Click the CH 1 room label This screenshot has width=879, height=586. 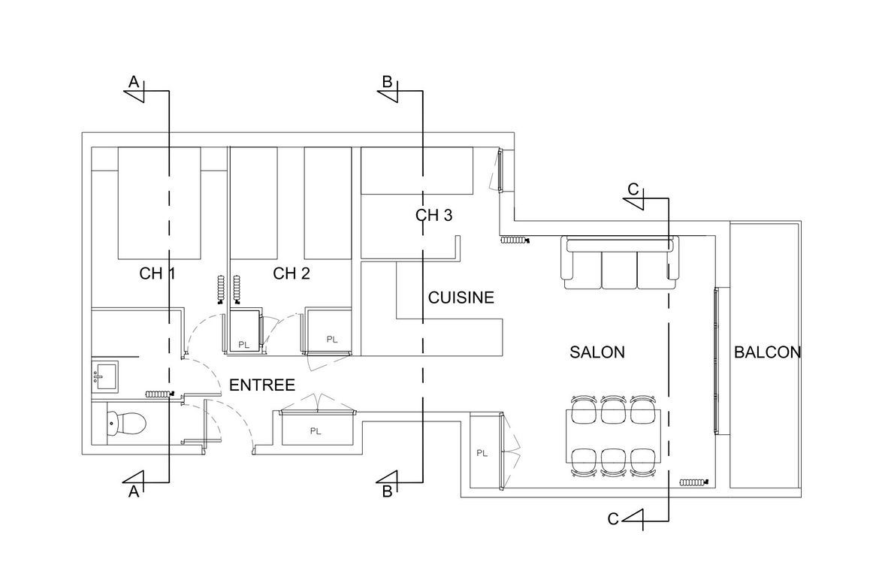157,273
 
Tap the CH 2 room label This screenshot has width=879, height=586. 291,273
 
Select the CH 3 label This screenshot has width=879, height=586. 434,216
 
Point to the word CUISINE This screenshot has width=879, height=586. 461,298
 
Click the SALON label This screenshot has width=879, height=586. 597,352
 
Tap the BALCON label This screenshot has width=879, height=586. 768,352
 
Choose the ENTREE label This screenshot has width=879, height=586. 262,385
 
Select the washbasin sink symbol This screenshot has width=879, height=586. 105,376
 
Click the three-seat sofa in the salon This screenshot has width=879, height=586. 620,262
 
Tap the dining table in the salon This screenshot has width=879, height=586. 613,436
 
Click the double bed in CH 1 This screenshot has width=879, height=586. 159,203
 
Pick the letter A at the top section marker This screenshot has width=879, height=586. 134,83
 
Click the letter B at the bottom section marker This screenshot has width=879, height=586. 388,492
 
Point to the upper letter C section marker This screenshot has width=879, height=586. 633,189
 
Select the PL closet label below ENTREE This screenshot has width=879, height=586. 316,431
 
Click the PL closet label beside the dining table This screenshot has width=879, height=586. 482,453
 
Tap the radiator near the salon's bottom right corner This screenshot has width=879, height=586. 694,482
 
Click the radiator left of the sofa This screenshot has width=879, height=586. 515,240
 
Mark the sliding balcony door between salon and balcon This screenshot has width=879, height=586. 717,361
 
